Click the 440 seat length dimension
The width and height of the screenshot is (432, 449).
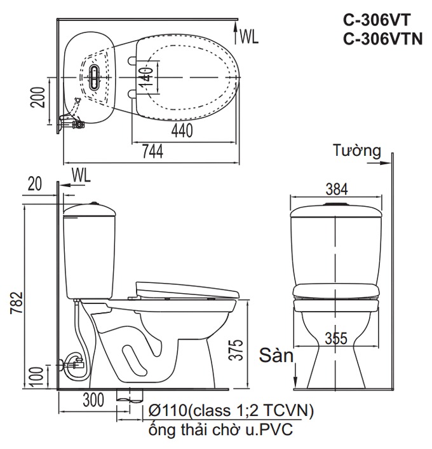[x=182, y=130]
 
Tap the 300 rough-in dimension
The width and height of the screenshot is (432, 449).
[x=92, y=401]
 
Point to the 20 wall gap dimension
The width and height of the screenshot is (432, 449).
[x=35, y=184]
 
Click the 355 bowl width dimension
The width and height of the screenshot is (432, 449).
[x=336, y=338]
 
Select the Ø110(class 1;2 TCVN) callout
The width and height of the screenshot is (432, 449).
[x=229, y=411]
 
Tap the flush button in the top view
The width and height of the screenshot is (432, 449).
[x=95, y=76]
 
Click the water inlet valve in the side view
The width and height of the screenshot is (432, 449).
[x=73, y=365]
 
